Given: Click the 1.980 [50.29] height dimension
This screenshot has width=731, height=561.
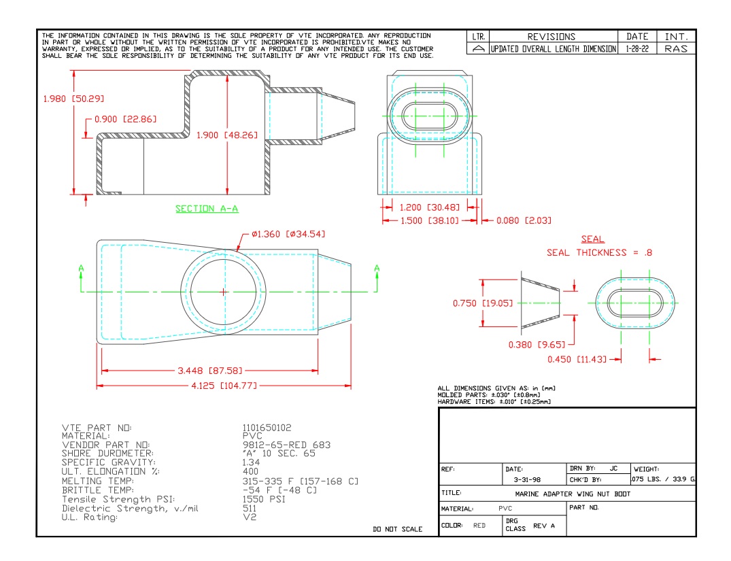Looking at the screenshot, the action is [73, 99].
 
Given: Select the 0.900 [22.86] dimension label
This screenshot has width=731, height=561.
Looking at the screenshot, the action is [125, 120].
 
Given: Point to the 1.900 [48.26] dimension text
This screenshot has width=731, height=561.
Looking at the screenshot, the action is [226, 135].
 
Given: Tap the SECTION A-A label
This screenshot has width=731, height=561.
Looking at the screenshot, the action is [207, 209].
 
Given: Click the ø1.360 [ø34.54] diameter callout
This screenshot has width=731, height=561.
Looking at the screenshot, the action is [288, 234].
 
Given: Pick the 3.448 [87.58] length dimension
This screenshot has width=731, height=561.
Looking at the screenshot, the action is [210, 371].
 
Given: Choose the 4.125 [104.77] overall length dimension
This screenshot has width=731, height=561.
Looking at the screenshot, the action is [224, 386].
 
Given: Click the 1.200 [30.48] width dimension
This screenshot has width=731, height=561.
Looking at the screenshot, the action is [429, 207].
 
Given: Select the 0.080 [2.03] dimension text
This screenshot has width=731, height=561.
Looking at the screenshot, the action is [524, 220].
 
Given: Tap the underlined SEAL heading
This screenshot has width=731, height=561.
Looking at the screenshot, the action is [592, 239].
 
